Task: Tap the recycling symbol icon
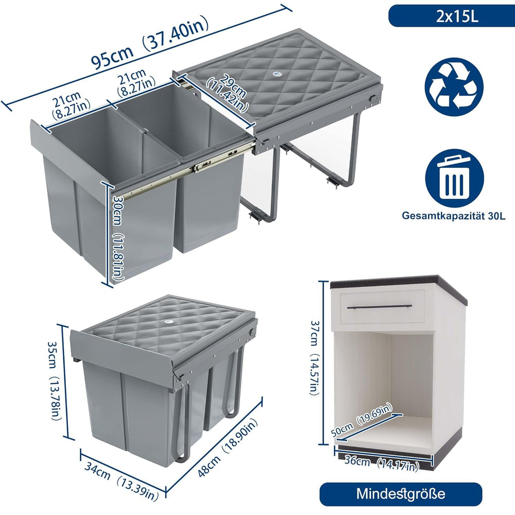click(454, 87)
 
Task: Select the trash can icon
click(455, 178)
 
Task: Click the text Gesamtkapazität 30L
click(454, 216)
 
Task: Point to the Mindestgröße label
click(401, 494)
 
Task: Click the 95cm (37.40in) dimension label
click(149, 43)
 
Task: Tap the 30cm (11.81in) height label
click(117, 238)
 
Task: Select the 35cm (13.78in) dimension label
click(55, 381)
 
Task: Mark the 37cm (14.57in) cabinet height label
click(314, 357)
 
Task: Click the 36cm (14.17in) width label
click(382, 463)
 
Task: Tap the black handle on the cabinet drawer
click(380, 307)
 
